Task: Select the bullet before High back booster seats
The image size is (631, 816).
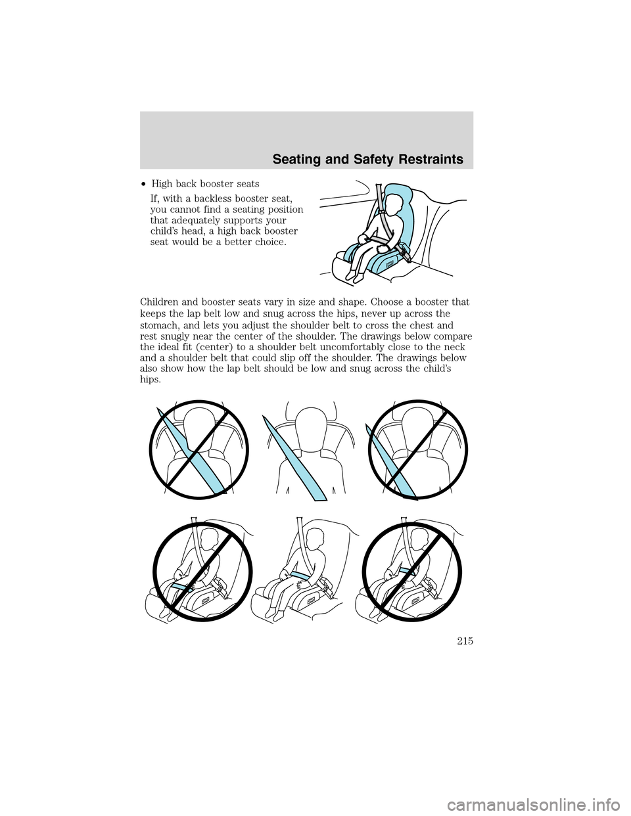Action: coord(144,185)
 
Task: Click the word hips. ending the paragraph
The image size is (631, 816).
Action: coord(151,380)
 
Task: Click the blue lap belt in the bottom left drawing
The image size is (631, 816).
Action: coord(182,588)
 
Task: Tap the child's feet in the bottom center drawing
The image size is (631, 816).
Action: coord(275,614)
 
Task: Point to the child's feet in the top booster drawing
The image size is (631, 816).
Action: coord(354,276)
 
